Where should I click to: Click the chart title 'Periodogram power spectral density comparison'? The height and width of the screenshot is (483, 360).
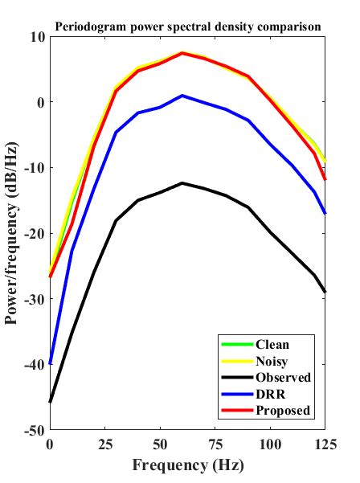coord(188,27)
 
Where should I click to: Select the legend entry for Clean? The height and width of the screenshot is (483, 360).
coord(272,345)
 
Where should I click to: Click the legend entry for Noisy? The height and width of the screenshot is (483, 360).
coord(272,361)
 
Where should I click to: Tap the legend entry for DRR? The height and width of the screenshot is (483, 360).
coord(268,394)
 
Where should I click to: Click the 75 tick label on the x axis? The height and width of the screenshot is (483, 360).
coord(215,444)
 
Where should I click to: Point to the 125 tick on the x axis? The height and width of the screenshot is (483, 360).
coord(325,444)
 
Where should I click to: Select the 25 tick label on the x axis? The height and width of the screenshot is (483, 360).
coord(104,444)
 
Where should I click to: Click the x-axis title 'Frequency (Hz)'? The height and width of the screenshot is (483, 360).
coord(187,465)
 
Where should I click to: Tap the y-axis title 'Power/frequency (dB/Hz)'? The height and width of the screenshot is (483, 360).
coord(12,233)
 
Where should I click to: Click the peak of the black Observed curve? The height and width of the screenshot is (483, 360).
coord(182,183)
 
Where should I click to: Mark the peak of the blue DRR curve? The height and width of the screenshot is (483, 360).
coord(182,96)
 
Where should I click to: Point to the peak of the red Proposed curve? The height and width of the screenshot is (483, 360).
coord(182,53)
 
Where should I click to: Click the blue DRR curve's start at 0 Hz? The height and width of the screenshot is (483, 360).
coord(50,363)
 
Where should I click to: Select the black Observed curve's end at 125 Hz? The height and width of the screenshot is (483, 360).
coord(325,292)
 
